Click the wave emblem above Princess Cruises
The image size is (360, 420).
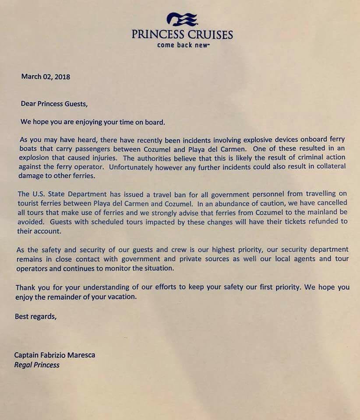182,19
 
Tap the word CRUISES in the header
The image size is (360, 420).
209,34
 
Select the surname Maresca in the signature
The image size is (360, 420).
80,355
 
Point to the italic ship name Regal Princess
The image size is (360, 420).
36,365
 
